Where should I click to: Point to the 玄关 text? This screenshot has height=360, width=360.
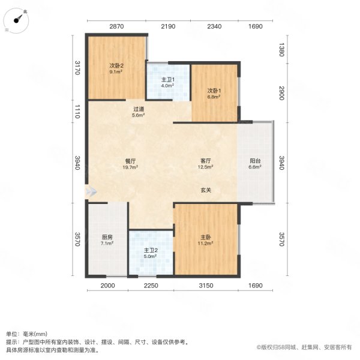pyautogui.click(x=206, y=190)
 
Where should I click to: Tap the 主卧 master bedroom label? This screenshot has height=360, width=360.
pyautogui.click(x=206, y=241)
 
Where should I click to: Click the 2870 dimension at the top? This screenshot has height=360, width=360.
pyautogui.click(x=116, y=27)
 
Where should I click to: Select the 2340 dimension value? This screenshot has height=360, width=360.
pyautogui.click(x=214, y=27)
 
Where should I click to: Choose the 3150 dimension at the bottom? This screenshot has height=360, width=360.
pyautogui.click(x=207, y=286)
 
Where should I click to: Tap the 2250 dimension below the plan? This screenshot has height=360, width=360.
pyautogui.click(x=151, y=286)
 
